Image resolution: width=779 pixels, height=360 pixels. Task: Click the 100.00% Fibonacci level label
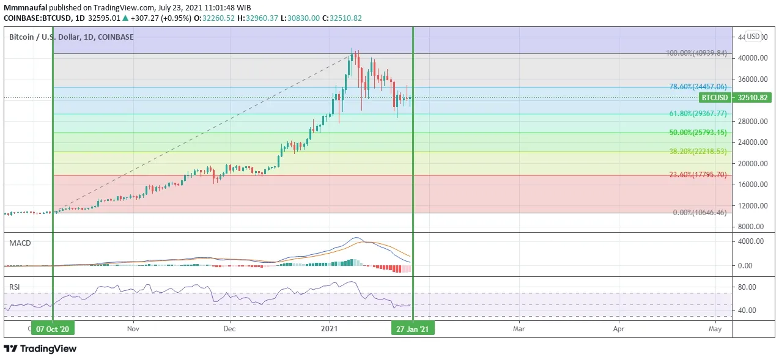pyautogui.click(x=696, y=53)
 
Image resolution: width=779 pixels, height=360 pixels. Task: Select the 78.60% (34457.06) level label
pyautogui.click(x=698, y=87)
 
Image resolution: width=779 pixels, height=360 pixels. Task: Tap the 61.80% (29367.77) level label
pyautogui.click(x=698, y=114)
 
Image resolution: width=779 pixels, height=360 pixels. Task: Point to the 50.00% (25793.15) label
pyautogui.click(x=698, y=133)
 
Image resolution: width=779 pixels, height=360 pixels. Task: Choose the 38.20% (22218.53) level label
pyautogui.click(x=698, y=152)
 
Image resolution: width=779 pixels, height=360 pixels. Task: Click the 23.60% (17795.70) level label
pyautogui.click(x=698, y=175)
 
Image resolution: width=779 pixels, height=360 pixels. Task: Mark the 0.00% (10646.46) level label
pyautogui.click(x=700, y=213)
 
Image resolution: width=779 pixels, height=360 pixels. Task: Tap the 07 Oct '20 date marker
pyautogui.click(x=53, y=329)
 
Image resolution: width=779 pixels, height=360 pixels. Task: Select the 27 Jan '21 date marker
pyautogui.click(x=413, y=329)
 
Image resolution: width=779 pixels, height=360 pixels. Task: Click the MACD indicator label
pyautogui.click(x=20, y=243)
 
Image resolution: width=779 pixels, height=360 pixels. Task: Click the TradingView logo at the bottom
pyautogui.click(x=40, y=348)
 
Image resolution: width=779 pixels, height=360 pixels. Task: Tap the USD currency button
pyautogui.click(x=753, y=37)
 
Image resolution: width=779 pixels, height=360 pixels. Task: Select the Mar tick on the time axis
pyautogui.click(x=519, y=329)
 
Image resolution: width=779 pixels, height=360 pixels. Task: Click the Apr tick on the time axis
pyautogui.click(x=618, y=329)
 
